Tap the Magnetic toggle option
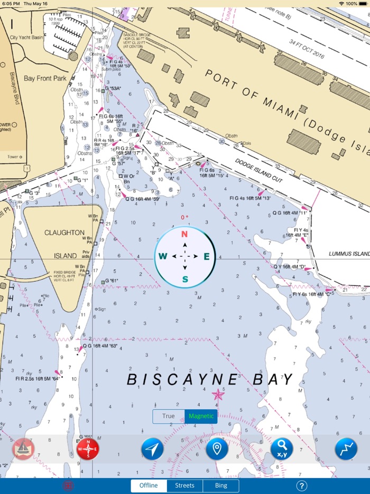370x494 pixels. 201,416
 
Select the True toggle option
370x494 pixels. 169,416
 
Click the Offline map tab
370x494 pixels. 149,486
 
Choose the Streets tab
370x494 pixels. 184,486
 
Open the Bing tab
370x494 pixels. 221,486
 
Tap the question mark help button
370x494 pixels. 302,486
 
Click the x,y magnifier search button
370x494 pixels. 282,449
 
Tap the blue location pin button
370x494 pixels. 217,449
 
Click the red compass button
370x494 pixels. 88,449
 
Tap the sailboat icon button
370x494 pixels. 23,449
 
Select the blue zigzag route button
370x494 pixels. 346,449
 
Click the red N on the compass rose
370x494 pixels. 185,234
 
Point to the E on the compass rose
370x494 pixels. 207,257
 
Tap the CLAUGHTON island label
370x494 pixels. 64,233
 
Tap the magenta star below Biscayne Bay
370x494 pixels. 217,394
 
